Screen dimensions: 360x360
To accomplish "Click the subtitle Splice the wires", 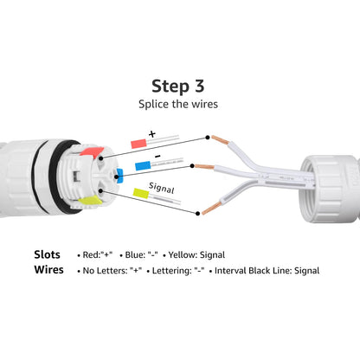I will click(x=179, y=103).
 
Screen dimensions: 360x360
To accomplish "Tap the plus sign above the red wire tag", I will click(x=152, y=134).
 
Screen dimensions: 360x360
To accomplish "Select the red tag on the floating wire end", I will click(x=138, y=142).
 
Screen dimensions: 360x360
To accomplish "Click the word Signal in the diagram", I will click(x=162, y=185).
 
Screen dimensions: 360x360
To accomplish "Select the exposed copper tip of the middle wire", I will click(x=204, y=166).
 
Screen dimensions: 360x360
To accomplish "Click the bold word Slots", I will click(x=47, y=255).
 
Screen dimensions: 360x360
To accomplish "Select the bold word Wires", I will click(x=48, y=270).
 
